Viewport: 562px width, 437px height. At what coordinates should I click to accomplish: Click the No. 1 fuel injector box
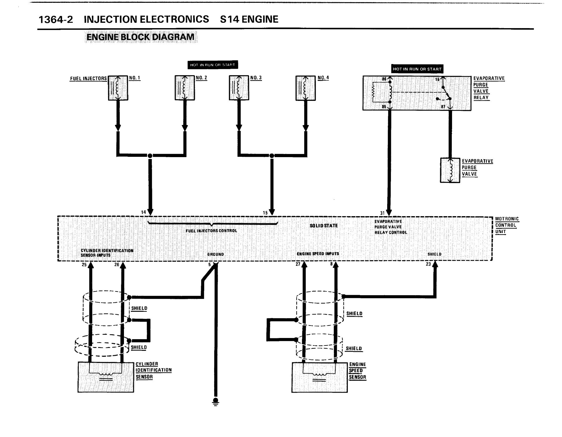pyautogui.click(x=118, y=88)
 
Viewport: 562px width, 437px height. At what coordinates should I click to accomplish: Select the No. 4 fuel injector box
pyautogui.click(x=306, y=88)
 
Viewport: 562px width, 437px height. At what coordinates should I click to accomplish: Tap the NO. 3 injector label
pyautogui.click(x=256, y=78)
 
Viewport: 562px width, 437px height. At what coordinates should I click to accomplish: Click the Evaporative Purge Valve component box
pyautogui.click(x=450, y=170)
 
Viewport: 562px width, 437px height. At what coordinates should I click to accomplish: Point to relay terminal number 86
pyautogui.click(x=384, y=79)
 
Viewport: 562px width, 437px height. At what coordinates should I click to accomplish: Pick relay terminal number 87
pyautogui.click(x=443, y=107)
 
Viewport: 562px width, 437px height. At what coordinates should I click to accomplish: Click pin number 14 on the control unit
pyautogui.click(x=143, y=212)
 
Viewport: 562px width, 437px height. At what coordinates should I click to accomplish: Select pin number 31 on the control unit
pyautogui.click(x=382, y=213)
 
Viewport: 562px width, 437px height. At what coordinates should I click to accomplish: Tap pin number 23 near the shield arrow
pyautogui.click(x=428, y=264)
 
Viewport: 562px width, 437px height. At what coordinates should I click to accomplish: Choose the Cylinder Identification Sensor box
pyautogui.click(x=106, y=377)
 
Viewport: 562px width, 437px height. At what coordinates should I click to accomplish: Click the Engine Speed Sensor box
pyautogui.click(x=320, y=377)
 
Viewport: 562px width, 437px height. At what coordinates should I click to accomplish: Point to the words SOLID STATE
pyautogui.click(x=324, y=226)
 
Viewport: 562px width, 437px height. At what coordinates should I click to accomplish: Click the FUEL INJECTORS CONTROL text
pyautogui.click(x=211, y=231)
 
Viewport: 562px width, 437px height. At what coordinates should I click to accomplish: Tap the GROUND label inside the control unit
pyautogui.click(x=215, y=255)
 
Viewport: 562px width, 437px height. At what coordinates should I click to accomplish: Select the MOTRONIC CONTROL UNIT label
pyautogui.click(x=507, y=225)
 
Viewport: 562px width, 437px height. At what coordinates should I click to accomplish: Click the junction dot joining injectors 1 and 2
pyautogui.click(x=150, y=156)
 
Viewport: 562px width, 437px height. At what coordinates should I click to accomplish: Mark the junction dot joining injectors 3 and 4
pyautogui.click(x=272, y=156)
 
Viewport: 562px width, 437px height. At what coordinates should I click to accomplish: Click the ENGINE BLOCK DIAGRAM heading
pyautogui.click(x=140, y=37)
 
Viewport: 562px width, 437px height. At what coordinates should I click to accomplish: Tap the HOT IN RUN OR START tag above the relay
pyautogui.click(x=417, y=69)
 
